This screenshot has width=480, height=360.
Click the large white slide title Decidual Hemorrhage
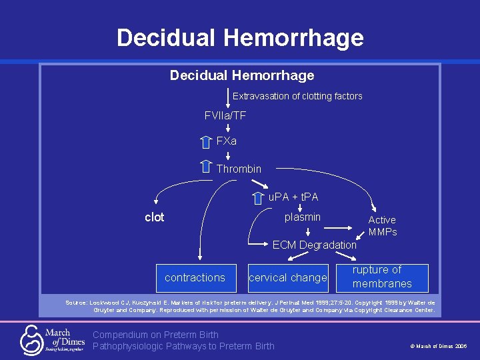coord(240,37)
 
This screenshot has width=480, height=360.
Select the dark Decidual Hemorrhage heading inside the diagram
coord(241,75)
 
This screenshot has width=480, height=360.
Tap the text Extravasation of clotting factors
coord(297,96)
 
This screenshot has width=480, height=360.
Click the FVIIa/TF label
coord(225,116)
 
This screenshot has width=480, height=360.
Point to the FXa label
coord(226,141)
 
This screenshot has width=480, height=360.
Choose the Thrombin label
coord(239,169)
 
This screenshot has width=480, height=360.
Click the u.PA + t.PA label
coord(293,197)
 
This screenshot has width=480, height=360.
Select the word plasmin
coord(302,217)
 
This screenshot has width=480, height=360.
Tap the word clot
coord(154,217)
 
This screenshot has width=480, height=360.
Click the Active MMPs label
coord(383,225)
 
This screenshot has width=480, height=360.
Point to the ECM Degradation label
coord(315,245)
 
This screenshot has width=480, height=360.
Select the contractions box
coord(195,277)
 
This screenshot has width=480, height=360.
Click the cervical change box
coord(288,277)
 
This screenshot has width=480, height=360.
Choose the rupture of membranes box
coord(382,277)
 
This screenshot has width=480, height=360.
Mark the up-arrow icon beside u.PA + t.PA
coord(258,197)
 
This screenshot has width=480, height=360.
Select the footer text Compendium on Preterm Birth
coord(156,335)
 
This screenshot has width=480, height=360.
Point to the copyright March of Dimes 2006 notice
coord(438,347)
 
